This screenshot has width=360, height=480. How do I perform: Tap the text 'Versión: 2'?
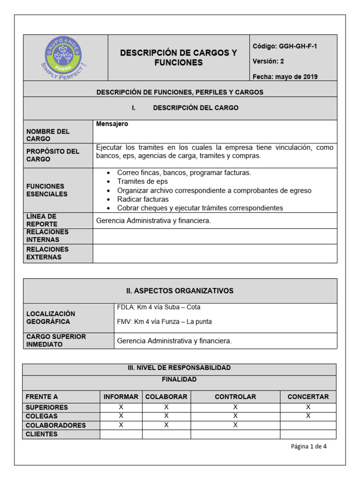click(x=268, y=61)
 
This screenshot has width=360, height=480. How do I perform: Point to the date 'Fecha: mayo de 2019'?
click(x=285, y=77)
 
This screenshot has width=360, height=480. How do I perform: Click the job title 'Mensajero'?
click(x=112, y=124)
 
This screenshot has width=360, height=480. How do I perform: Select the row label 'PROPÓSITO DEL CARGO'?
click(x=53, y=155)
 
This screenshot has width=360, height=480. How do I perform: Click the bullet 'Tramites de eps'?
click(x=142, y=181)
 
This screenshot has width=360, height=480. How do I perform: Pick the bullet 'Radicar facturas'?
click(x=142, y=199)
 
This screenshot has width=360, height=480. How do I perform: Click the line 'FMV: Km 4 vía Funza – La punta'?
click(x=164, y=322)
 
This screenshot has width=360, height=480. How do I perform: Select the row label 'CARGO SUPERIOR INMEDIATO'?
click(x=56, y=341)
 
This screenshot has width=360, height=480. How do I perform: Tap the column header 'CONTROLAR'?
click(x=235, y=397)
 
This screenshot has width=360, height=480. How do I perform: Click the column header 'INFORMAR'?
click(x=121, y=397)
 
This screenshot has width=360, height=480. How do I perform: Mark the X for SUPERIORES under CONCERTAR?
click(x=308, y=407)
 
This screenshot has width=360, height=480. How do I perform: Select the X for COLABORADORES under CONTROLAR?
click(x=235, y=425)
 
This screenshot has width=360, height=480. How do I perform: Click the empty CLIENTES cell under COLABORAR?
click(x=166, y=434)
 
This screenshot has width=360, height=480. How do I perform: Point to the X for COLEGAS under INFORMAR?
click(x=121, y=416)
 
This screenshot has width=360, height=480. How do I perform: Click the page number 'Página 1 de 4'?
click(x=308, y=446)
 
